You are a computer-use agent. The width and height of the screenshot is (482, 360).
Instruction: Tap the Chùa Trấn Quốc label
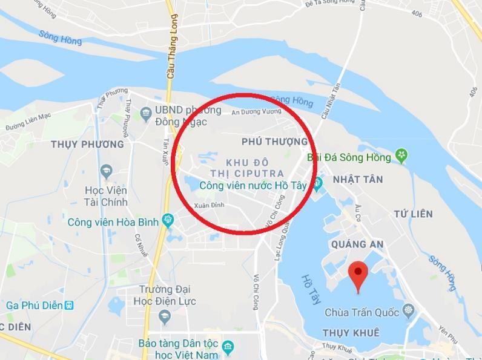coord(362,313)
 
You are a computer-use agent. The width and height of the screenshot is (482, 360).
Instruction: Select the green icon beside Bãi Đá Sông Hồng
coord(401,157)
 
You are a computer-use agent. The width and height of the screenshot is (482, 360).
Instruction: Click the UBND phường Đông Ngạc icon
coord(145,112)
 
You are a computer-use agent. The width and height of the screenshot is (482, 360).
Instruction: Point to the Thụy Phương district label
coord(87,145)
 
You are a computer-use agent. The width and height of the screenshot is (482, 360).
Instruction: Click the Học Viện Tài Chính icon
coord(107,171)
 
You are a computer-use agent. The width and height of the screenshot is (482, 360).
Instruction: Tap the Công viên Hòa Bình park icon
coord(169,221)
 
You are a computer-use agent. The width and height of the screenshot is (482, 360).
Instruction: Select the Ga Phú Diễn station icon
coord(69,304)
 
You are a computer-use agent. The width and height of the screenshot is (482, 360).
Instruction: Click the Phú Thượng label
coord(274,142)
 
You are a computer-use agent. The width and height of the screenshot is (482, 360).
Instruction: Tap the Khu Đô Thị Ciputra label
coord(254,168)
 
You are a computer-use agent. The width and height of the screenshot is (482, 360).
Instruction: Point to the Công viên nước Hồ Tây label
coord(253,186)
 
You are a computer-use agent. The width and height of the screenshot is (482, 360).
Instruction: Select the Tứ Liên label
coord(413,214)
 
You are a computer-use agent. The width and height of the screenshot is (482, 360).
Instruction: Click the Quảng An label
coord(358,244)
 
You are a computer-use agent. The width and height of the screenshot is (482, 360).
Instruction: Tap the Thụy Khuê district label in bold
coord(351,333)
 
